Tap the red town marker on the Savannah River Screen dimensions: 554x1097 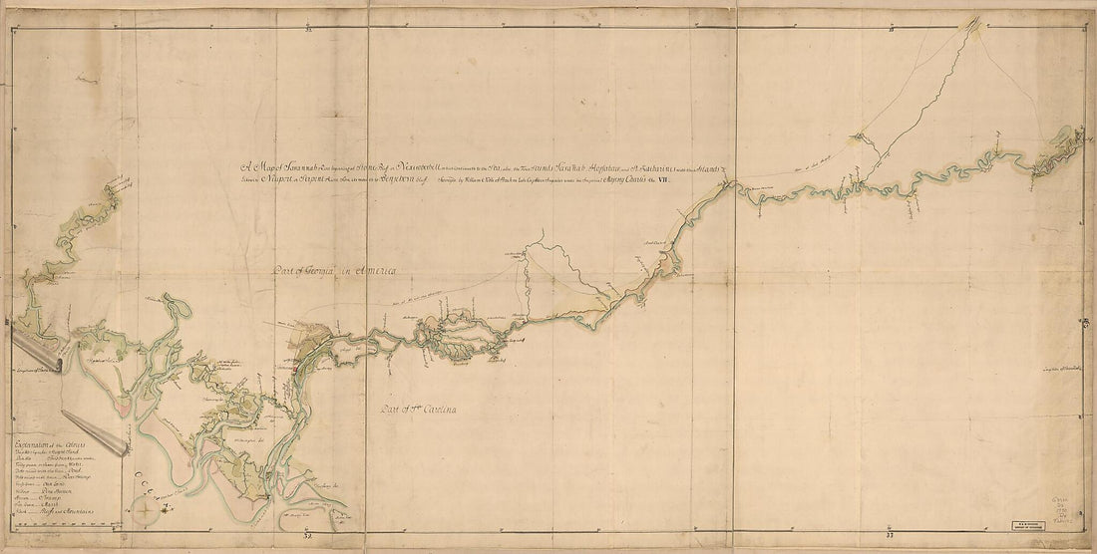pos(295,366)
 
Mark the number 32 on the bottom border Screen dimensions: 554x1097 pos(308,537)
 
